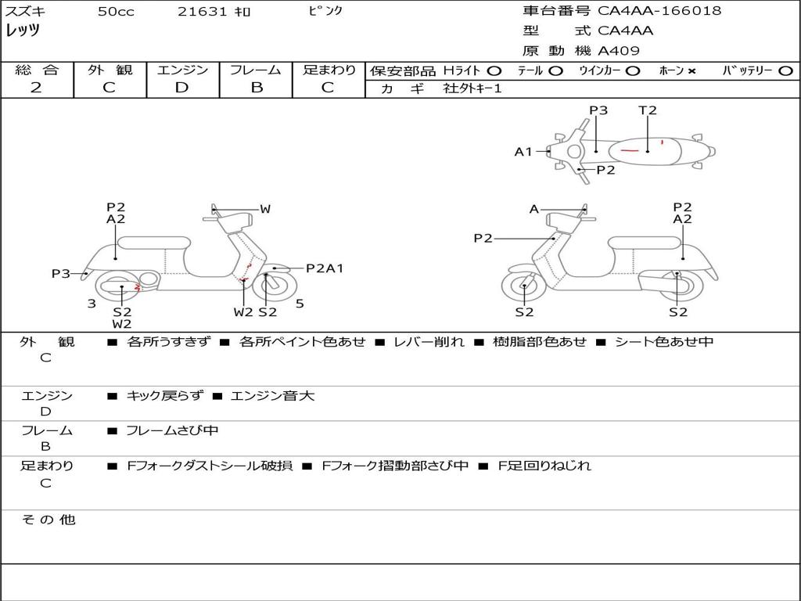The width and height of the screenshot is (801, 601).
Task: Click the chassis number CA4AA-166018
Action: (x=659, y=11)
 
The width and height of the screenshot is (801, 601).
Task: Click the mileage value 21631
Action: (x=202, y=12)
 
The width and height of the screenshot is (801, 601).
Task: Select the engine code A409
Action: (x=619, y=51)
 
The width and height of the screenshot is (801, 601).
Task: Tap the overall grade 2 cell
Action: (x=37, y=88)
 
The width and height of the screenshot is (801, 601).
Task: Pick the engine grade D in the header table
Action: (x=182, y=88)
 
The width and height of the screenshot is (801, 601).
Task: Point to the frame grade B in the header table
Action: (x=257, y=88)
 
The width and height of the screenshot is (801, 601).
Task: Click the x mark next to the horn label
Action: (x=691, y=71)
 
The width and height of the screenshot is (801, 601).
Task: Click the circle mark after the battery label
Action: (x=785, y=71)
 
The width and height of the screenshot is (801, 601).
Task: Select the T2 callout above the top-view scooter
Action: (x=648, y=110)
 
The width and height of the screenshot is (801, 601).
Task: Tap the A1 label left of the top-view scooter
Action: (x=523, y=152)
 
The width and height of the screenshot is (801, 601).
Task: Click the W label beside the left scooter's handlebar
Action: (x=265, y=209)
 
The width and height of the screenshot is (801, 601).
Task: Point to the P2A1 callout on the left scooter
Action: (x=325, y=268)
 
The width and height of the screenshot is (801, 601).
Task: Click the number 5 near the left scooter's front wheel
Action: (x=300, y=304)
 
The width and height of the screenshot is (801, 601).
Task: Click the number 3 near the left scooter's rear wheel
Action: (x=92, y=304)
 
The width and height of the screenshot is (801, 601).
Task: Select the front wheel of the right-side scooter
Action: (x=523, y=286)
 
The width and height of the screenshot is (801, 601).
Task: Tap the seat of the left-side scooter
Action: (x=153, y=243)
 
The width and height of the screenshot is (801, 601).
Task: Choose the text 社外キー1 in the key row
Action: (x=472, y=88)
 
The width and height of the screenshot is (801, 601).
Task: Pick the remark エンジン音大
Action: (x=272, y=396)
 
